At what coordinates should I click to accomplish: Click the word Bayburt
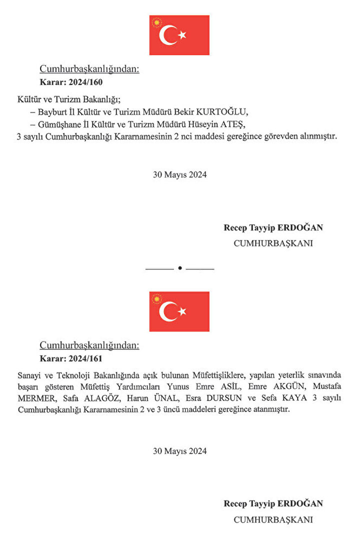54,111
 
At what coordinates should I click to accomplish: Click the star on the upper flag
182,34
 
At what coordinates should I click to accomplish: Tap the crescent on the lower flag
167,311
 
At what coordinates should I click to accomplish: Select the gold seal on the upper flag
157,22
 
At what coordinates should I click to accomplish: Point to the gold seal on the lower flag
157,299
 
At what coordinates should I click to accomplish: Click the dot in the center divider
179,268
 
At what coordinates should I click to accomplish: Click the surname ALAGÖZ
100,399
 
